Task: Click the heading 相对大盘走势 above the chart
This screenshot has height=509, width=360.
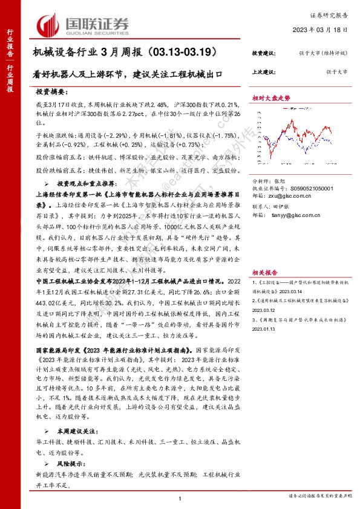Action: point(271,97)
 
